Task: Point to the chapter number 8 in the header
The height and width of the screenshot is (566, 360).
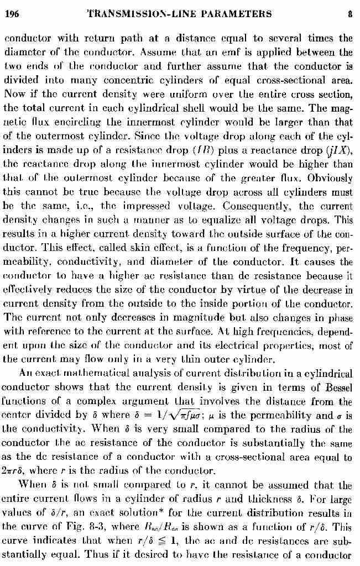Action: click(x=350, y=14)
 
